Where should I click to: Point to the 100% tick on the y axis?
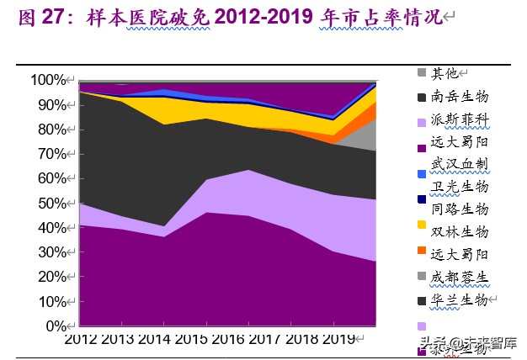pyautogui.click(x=48, y=81)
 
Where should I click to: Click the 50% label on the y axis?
pyautogui.click(x=51, y=204)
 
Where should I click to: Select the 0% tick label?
pyautogui.click(x=56, y=326)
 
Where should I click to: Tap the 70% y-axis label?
pyautogui.click(x=51, y=155)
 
